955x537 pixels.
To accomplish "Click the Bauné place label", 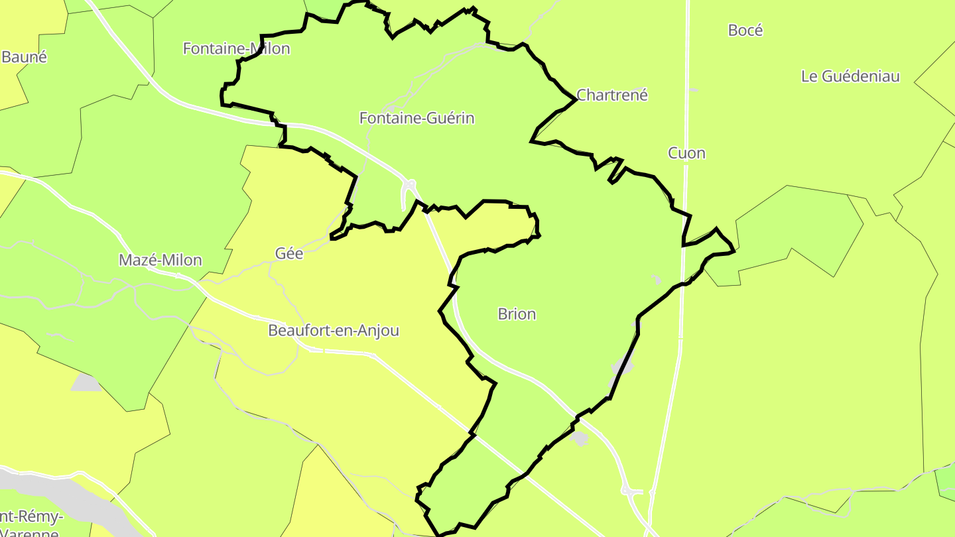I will coord(24,57).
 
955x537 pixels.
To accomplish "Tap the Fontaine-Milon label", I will coord(236,48).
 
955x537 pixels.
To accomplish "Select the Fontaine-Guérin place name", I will coord(416,118).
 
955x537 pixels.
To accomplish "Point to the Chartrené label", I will coord(611,95).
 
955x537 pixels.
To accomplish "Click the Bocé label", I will coord(745,30).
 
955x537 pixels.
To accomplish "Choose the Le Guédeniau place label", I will coord(850,76).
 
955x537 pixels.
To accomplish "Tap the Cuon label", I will coord(686,153).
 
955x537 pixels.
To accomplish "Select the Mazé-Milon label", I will coord(160,260).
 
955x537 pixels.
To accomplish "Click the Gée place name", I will coord(288,253).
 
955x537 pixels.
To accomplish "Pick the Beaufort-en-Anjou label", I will coord(333,330).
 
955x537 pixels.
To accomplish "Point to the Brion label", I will coord(517,314).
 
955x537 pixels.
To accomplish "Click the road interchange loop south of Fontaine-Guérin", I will coord(409,189).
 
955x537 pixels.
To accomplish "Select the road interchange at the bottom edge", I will coord(632,491).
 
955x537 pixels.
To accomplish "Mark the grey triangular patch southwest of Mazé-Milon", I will coord(86,383).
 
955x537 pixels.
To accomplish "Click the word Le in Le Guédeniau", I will coord(809,76).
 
